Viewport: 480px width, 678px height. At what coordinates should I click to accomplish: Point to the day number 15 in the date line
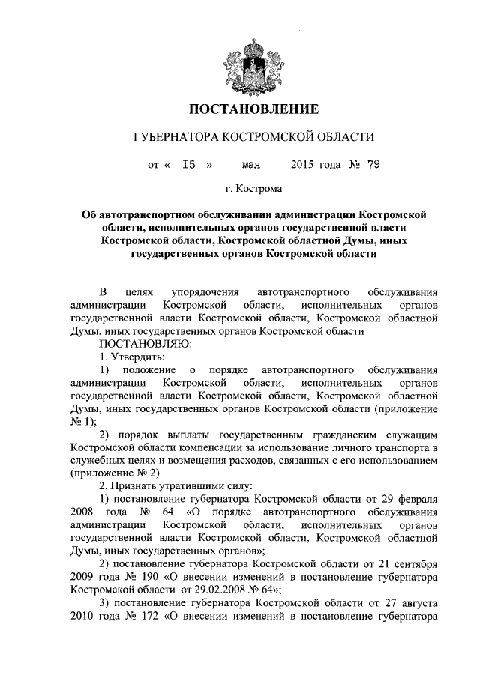coord(189,165)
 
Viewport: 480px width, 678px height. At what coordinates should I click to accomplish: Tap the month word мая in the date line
coord(250,165)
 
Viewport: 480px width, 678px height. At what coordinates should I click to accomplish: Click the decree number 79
coord(373,165)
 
